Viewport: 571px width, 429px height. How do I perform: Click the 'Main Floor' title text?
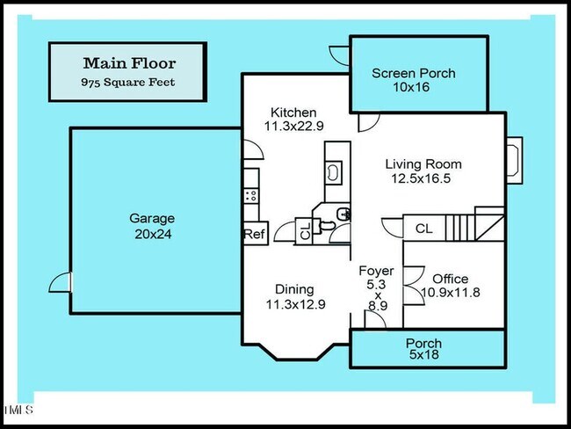click(x=129, y=62)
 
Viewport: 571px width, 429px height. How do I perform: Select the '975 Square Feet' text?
click(x=129, y=82)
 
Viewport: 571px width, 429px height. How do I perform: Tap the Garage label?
click(x=152, y=218)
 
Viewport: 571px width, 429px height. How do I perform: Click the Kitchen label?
click(x=293, y=113)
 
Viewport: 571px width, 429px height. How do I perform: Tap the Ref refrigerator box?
click(x=254, y=235)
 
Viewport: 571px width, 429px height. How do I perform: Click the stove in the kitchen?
click(x=252, y=193)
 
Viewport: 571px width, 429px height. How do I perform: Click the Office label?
click(x=450, y=279)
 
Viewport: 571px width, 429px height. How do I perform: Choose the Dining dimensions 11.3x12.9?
click(x=293, y=305)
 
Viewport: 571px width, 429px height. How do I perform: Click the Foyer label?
click(x=376, y=271)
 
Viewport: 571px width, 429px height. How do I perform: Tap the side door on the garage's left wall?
click(x=59, y=283)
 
